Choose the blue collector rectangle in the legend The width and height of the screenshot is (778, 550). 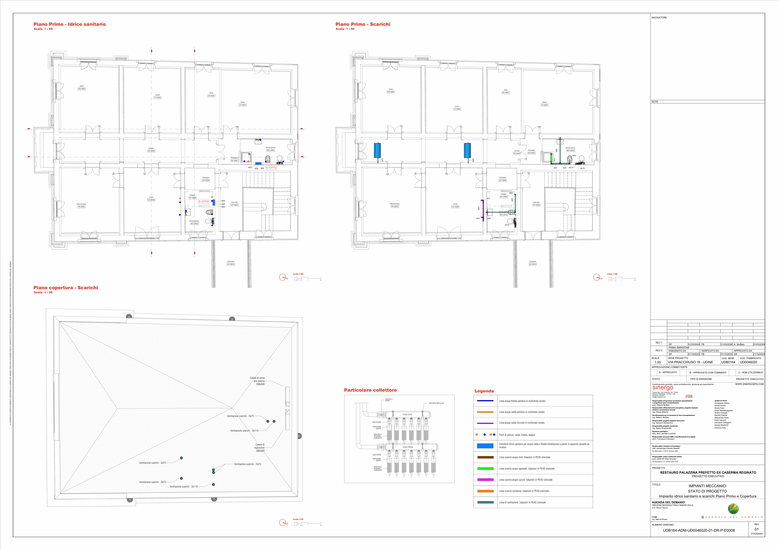(x=485, y=446)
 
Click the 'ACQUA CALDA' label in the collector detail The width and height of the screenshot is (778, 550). (x=407, y=415)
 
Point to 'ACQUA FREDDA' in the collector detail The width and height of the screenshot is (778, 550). (x=408, y=447)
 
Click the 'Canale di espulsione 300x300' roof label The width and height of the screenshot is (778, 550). (x=260, y=448)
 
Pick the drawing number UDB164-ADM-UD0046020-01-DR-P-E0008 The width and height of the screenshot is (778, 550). (x=699, y=530)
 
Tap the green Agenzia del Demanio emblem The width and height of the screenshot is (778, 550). (x=733, y=509)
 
